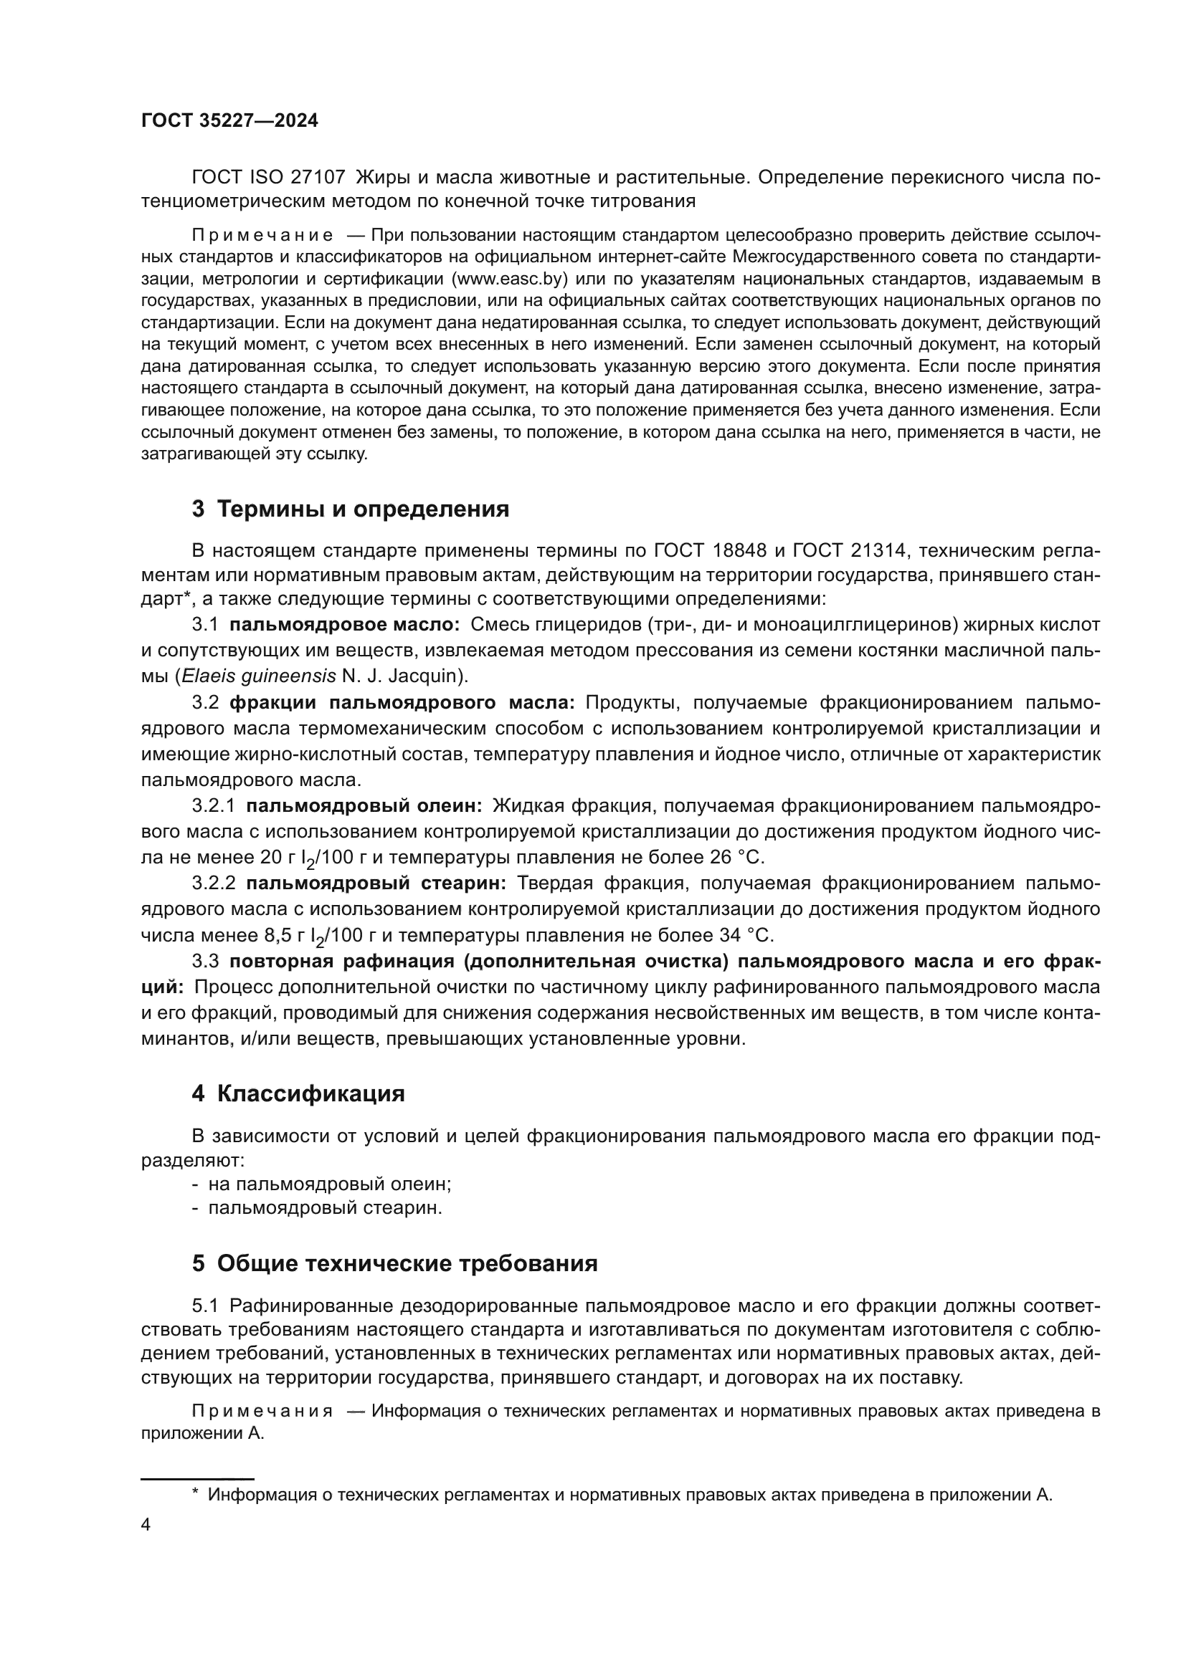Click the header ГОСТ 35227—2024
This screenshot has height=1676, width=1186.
point(229,120)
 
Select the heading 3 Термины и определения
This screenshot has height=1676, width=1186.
point(351,509)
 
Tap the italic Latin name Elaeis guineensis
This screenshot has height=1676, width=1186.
point(259,676)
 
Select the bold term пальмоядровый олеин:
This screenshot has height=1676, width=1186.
point(364,806)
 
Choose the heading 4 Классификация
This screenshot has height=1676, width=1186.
point(298,1093)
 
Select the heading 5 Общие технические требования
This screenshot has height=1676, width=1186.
point(394,1263)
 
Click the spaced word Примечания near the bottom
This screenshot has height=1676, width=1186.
point(262,1411)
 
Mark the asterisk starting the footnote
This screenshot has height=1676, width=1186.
point(195,1493)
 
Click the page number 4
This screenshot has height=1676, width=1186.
point(146,1525)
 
